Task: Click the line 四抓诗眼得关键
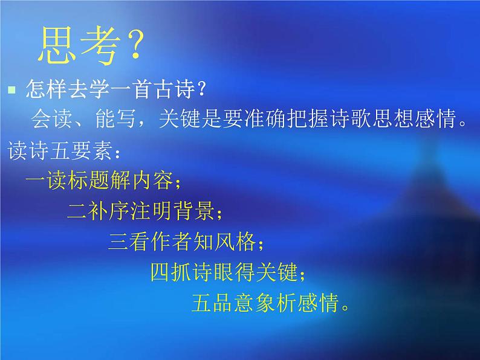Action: pyautogui.click(x=226, y=273)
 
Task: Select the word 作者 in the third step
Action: pyautogui.click(x=176, y=243)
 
